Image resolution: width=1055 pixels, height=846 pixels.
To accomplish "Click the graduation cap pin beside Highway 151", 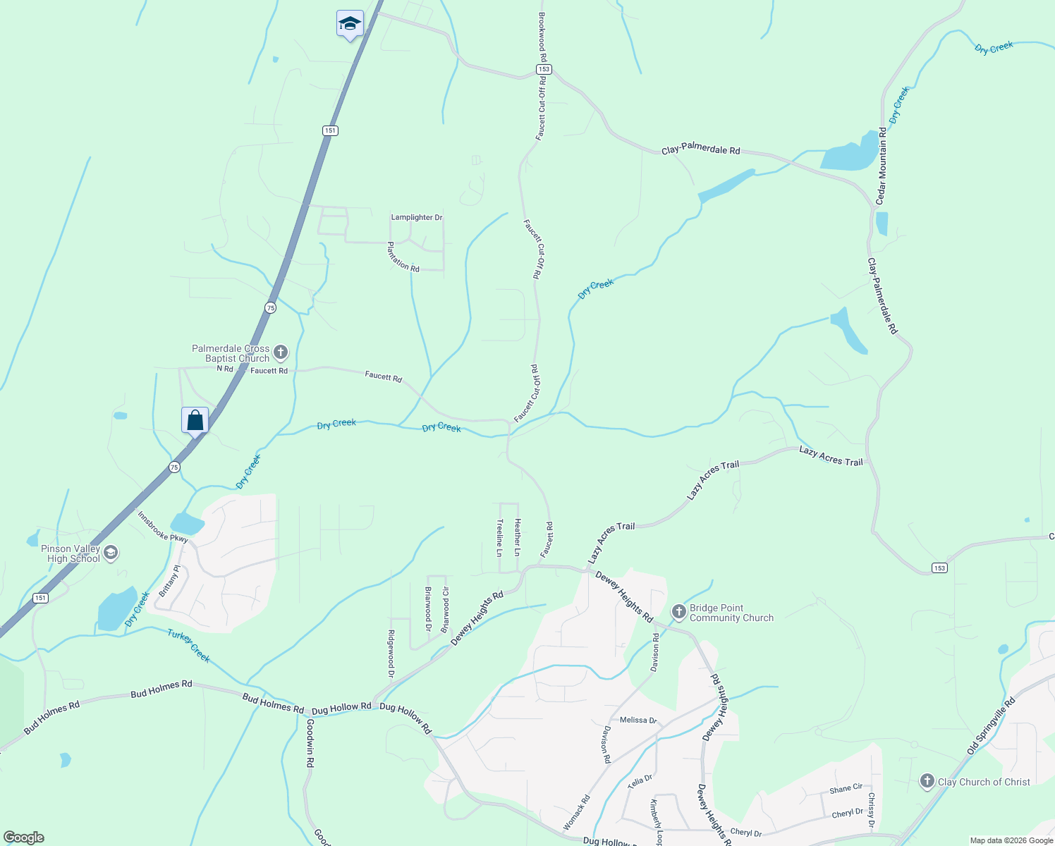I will click(350, 24).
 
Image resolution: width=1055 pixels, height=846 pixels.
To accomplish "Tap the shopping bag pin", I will click(195, 421).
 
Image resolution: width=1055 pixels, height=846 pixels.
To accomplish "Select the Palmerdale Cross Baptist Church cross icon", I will click(281, 352).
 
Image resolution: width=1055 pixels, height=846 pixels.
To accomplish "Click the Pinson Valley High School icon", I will click(111, 552).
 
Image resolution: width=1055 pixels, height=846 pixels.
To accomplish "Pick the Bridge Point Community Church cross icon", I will click(679, 611).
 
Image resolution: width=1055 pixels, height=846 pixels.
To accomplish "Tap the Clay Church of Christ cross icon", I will click(927, 780).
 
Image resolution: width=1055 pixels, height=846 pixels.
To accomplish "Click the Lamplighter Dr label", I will click(417, 217).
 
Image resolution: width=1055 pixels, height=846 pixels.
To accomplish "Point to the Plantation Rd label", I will click(403, 257).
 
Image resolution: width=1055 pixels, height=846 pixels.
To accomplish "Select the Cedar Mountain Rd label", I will click(881, 167).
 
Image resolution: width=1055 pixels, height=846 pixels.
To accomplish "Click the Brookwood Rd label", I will click(542, 37).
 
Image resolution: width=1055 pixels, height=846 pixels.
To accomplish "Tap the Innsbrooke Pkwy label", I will click(163, 527).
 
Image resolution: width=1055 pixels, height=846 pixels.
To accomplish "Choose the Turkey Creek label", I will click(189, 646).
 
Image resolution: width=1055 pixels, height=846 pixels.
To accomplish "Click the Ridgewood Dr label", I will click(391, 654).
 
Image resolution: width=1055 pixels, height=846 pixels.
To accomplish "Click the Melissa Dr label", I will click(638, 720).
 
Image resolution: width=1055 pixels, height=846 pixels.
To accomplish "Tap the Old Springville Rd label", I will click(991, 725).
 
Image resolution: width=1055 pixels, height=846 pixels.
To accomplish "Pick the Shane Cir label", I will click(846, 788).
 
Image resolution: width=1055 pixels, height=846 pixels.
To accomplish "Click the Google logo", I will click(24, 838).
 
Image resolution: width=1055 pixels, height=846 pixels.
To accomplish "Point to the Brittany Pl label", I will click(170, 581).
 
